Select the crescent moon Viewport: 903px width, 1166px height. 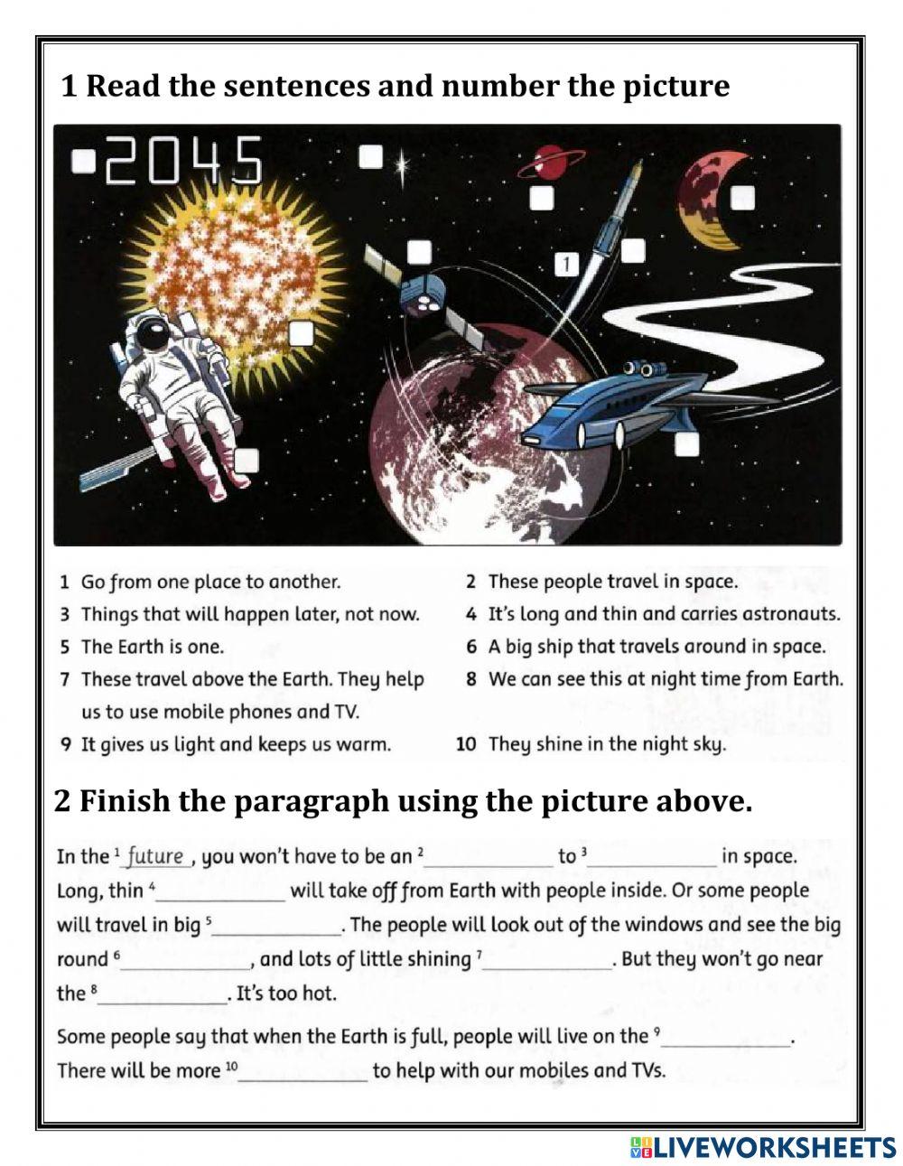708,200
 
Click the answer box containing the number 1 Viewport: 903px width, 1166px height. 565,264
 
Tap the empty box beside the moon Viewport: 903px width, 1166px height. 742,196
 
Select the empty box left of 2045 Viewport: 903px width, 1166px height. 83,161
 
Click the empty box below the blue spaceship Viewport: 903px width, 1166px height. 686,443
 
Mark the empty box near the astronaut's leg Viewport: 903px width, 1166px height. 247,461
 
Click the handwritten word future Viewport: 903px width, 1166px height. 154,855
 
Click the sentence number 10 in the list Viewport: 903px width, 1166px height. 465,744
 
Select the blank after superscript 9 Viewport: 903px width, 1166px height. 727,1038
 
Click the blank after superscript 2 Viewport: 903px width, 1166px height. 488,857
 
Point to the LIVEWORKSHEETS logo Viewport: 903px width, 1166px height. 763,1146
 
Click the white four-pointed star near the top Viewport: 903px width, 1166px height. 401,166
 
